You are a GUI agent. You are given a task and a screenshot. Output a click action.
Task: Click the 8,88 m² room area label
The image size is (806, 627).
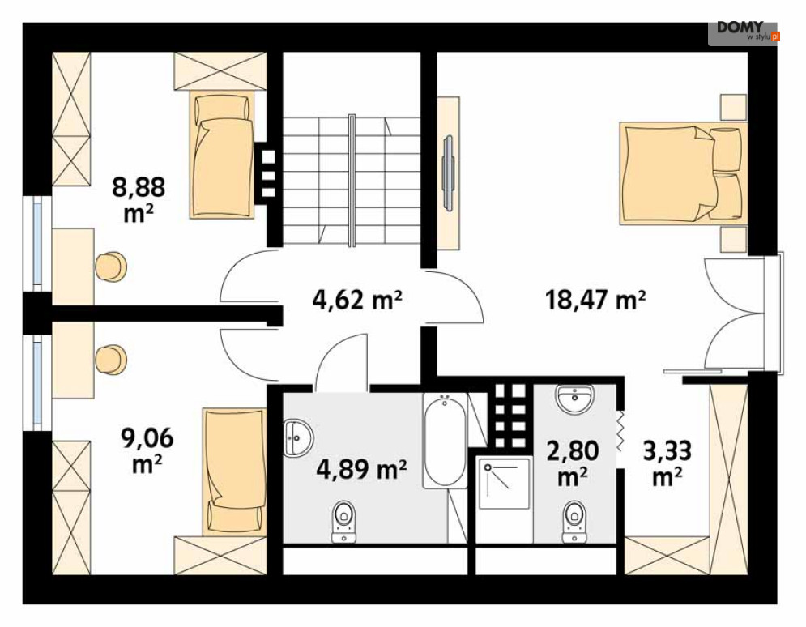pyautogui.click(x=139, y=199)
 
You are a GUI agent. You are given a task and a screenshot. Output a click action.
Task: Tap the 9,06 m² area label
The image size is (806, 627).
pyautogui.click(x=147, y=450)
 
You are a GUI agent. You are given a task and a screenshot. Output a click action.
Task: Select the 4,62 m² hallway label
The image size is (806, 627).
pyautogui.click(x=357, y=300)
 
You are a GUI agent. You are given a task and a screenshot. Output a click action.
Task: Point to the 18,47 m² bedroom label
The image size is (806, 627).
pyautogui.click(x=595, y=300)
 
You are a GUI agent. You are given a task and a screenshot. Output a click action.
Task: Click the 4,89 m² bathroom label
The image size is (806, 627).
pyautogui.click(x=361, y=469)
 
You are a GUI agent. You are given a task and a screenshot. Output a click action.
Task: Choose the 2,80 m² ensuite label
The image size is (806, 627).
pyautogui.click(x=573, y=463)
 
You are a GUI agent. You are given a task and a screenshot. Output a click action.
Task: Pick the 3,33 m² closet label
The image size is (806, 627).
pyautogui.click(x=667, y=463)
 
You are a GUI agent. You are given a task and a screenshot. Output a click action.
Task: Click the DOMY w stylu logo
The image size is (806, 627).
pyautogui.click(x=744, y=32)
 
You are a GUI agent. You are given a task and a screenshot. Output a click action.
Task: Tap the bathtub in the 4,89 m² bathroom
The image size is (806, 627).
pyautogui.click(x=446, y=441)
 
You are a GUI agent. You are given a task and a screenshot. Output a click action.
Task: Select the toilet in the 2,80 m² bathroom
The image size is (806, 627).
pyautogui.click(x=574, y=521)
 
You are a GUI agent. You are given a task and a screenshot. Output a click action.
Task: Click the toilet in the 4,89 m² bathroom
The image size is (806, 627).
pyautogui.click(x=344, y=521)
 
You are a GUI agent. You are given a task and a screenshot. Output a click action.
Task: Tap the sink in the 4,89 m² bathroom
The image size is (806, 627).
pyautogui.click(x=298, y=438)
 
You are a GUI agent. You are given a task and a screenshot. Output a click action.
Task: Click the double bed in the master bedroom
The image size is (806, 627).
pyautogui.click(x=683, y=173)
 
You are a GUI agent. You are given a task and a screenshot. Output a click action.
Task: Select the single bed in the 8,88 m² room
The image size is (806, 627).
pyautogui.click(x=222, y=154)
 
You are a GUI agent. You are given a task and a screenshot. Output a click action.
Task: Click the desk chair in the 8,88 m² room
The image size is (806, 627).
pyautogui.click(x=111, y=267)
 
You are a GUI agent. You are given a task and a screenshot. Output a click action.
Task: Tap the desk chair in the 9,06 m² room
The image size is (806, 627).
pyautogui.click(x=111, y=360)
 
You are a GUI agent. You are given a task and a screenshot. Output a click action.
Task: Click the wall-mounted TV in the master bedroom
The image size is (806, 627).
pyautogui.click(x=448, y=173)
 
